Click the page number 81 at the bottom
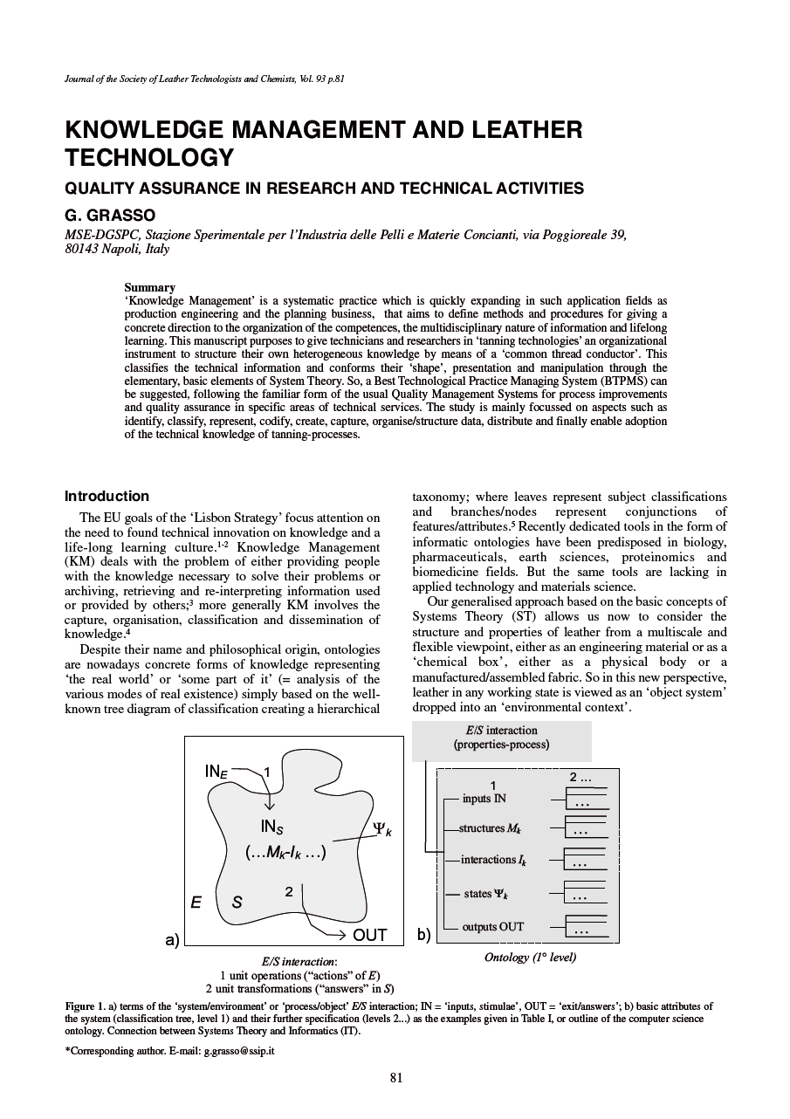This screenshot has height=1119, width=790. (x=395, y=1077)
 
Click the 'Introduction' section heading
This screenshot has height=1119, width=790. (x=106, y=496)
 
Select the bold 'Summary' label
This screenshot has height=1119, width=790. (x=149, y=287)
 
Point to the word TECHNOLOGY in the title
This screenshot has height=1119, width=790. (x=149, y=158)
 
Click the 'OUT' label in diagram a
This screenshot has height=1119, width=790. (x=370, y=935)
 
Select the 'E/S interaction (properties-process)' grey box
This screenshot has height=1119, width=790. (x=501, y=738)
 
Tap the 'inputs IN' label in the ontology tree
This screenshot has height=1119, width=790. (x=484, y=798)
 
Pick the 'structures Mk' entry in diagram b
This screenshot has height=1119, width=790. (x=491, y=827)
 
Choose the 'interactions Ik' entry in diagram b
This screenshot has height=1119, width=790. (x=493, y=860)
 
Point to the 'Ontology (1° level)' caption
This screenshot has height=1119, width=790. (x=530, y=958)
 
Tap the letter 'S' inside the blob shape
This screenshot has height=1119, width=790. (x=237, y=903)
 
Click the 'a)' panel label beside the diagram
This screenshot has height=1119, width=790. (x=172, y=939)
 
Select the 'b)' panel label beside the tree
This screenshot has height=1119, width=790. (x=423, y=935)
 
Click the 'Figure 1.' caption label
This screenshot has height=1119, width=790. (x=86, y=1006)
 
